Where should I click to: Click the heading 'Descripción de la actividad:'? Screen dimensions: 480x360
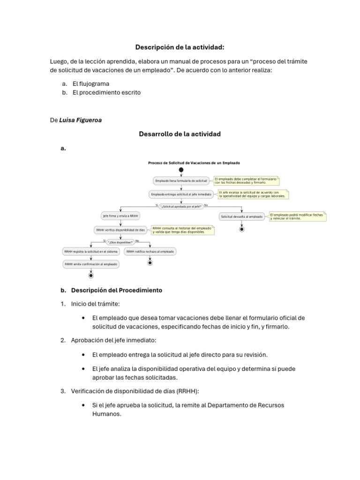tap(180, 47)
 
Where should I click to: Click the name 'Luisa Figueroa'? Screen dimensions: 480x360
tap(81, 120)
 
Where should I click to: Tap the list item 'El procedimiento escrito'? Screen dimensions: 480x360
tap(106, 92)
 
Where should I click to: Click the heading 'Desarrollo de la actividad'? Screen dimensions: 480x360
tap(180, 134)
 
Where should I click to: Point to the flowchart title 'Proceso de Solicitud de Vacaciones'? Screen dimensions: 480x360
tap(194, 163)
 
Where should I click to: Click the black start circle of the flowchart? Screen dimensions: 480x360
tap(181, 170)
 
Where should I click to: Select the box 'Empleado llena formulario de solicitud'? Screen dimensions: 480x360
tap(181, 181)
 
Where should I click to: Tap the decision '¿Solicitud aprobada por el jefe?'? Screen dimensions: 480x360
tap(181, 206)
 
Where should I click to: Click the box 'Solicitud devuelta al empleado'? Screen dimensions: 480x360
tap(241, 216)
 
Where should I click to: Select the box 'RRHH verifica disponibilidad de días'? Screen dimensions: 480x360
tap(120, 230)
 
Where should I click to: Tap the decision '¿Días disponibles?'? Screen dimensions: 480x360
tap(120, 242)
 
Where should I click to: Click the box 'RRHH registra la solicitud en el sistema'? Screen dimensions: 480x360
tap(91, 252)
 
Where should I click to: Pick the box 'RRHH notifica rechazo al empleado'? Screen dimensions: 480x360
tap(150, 252)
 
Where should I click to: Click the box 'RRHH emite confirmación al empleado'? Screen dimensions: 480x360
tap(91, 264)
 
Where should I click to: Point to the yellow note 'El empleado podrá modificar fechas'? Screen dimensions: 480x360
tap(297, 216)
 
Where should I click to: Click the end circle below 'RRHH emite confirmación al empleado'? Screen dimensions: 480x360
tap(91, 276)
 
